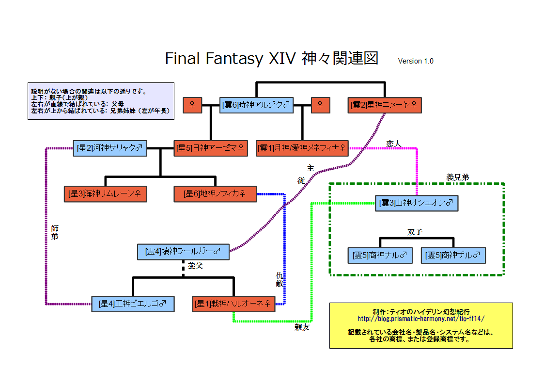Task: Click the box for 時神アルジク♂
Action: click(x=256, y=105)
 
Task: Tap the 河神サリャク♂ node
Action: click(x=110, y=148)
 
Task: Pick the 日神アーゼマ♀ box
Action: click(x=210, y=148)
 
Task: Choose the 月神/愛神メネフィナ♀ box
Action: click(x=302, y=148)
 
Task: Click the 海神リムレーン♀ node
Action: click(x=105, y=194)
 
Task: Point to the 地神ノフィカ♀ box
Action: click(x=215, y=194)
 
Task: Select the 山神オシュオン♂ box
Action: click(x=416, y=203)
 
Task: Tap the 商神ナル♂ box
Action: click(x=380, y=255)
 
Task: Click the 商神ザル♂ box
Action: click(x=453, y=255)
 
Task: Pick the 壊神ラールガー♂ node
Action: click(x=183, y=251)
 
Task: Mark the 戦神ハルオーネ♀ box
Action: click(x=233, y=304)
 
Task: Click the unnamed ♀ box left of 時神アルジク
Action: click(x=192, y=105)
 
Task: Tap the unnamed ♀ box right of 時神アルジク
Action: click(x=320, y=105)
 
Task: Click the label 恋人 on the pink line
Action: click(x=394, y=144)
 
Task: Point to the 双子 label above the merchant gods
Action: click(x=415, y=232)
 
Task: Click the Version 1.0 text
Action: click(x=416, y=61)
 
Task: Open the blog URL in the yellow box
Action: click(x=420, y=319)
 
